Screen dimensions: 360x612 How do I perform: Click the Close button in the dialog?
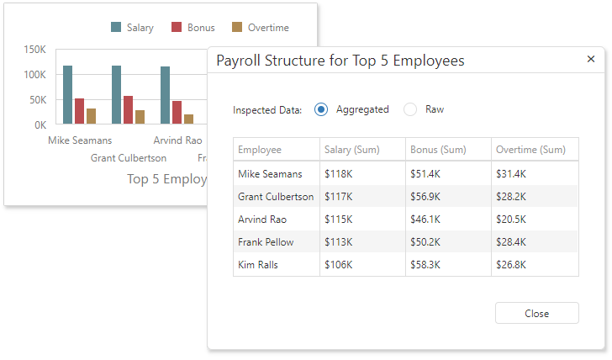tap(536, 313)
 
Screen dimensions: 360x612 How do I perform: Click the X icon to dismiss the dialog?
tap(591, 59)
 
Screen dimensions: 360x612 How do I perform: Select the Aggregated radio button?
tap(321, 109)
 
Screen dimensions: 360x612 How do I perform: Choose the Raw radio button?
tap(410, 109)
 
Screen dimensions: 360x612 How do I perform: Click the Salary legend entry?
tap(132, 28)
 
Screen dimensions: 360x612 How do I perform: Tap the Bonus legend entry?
tap(193, 28)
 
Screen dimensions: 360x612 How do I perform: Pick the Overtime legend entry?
tap(260, 28)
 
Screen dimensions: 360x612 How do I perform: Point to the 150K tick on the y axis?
tap(34, 50)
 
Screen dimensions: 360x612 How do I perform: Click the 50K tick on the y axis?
tap(37, 99)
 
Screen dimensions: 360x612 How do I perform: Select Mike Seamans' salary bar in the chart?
tap(68, 95)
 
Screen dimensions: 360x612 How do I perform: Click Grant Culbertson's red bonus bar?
tap(128, 110)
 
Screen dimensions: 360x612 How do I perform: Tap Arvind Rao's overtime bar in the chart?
tap(189, 119)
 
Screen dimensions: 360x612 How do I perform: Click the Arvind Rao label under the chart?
tap(177, 140)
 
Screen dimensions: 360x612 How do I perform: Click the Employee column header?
tap(260, 150)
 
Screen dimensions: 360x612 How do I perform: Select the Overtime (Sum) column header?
tap(530, 150)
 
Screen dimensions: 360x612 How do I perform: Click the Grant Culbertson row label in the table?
tap(276, 196)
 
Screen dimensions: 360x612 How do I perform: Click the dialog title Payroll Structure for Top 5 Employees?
tap(340, 61)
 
